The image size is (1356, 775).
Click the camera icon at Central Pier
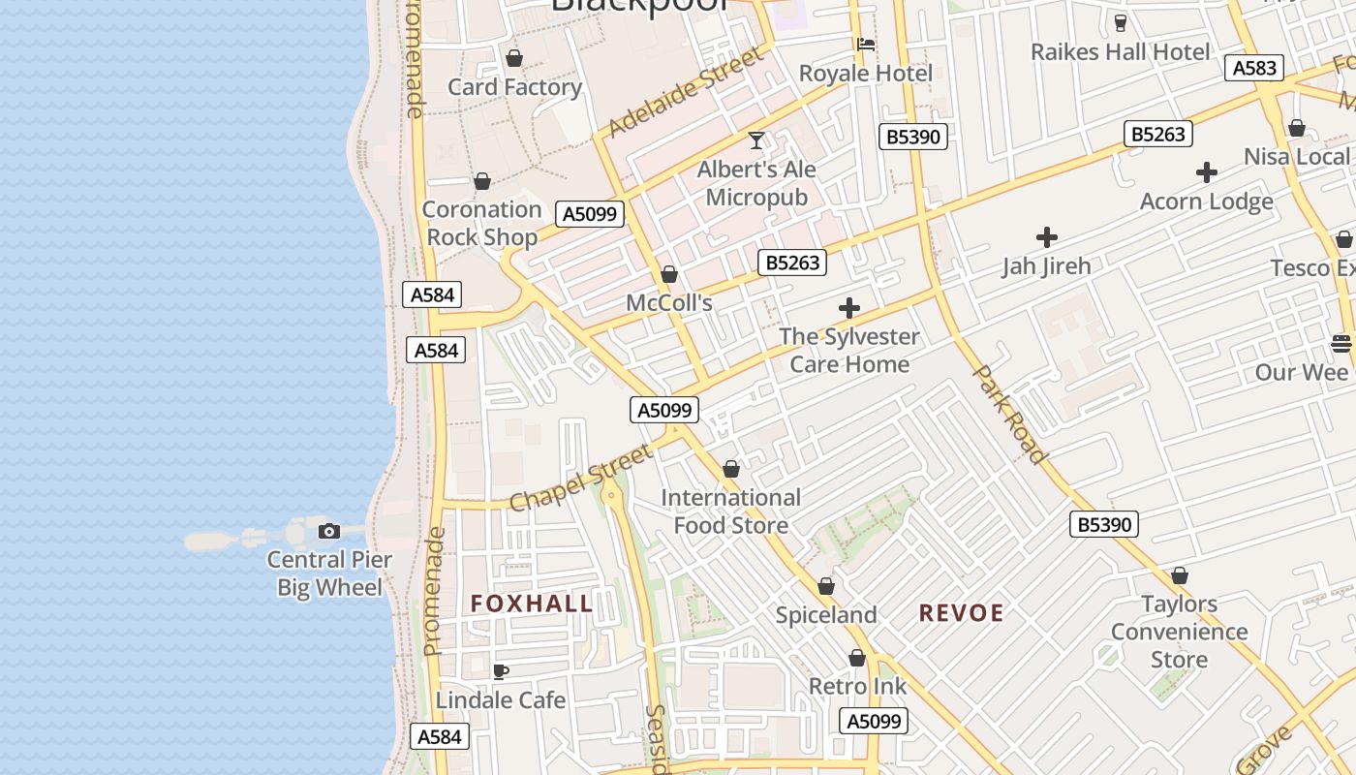(329, 531)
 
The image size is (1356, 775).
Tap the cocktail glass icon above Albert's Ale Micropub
(756, 140)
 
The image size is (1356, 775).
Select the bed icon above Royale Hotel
(865, 44)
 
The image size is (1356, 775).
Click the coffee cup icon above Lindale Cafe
(501, 671)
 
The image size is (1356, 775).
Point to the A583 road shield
(1254, 68)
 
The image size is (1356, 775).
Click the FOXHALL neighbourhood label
(532, 604)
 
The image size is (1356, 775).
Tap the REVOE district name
(961, 612)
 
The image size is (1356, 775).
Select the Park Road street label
(1009, 414)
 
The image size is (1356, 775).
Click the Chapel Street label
(580, 478)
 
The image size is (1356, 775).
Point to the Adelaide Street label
(684, 93)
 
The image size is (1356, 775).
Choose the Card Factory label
(514, 87)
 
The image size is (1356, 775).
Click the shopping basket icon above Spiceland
(826, 587)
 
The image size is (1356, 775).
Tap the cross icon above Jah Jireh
(1046, 237)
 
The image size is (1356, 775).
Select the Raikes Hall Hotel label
(1120, 51)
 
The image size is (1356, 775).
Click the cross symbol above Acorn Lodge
(1206, 173)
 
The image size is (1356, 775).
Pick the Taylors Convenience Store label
(1179, 632)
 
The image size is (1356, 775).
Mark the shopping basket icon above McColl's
(668, 275)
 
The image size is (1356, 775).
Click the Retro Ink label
(857, 687)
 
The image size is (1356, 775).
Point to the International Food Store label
(731, 511)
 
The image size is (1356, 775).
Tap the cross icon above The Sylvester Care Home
(849, 309)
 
